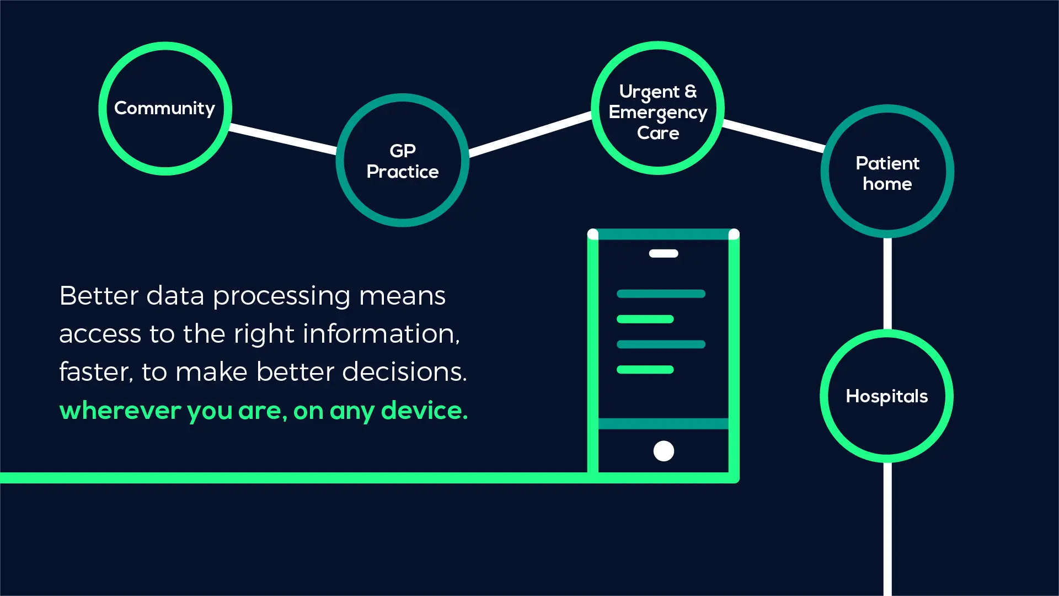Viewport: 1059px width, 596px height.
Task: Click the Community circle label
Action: [164, 108]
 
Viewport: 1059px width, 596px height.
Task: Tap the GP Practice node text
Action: [403, 161]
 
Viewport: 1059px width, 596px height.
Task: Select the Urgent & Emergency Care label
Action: [657, 112]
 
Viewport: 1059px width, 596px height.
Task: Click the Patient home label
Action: [887, 173]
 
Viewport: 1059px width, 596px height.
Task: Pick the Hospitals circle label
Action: [886, 396]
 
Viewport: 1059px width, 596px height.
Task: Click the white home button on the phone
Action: [664, 451]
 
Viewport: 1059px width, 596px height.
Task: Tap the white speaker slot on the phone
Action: [664, 254]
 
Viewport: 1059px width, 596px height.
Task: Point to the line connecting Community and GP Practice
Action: [283, 139]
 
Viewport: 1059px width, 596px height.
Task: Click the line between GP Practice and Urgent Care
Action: [529, 134]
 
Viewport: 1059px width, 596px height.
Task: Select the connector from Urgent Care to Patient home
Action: [773, 135]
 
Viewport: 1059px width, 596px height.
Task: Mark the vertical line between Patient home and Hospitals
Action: [887, 284]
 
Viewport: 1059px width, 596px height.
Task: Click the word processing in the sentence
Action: [281, 296]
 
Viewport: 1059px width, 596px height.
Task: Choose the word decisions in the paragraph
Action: [404, 372]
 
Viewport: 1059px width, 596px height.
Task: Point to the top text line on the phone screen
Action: [661, 294]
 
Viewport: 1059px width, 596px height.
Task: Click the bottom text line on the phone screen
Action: [645, 370]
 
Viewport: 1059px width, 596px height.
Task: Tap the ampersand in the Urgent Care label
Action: [691, 91]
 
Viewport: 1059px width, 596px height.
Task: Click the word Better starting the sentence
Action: [99, 296]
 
